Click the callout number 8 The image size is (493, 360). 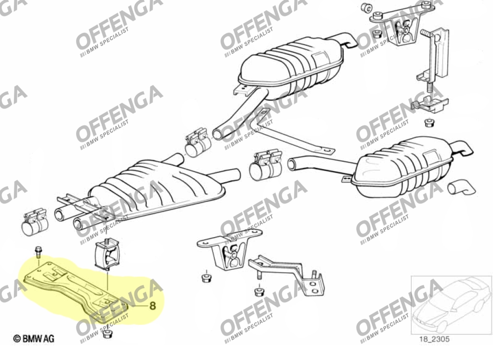pos(152,305)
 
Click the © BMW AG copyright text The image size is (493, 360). pos(34,339)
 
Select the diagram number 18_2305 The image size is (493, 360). pos(434,339)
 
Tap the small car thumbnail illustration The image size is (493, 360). pos(451,304)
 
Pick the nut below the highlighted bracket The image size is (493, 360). pos(107,333)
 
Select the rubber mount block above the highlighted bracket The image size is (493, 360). pos(106,254)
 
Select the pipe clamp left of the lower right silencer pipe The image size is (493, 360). pos(265,165)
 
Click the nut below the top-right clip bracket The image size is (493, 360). pos(428,122)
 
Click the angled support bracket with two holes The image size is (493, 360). pos(288,274)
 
